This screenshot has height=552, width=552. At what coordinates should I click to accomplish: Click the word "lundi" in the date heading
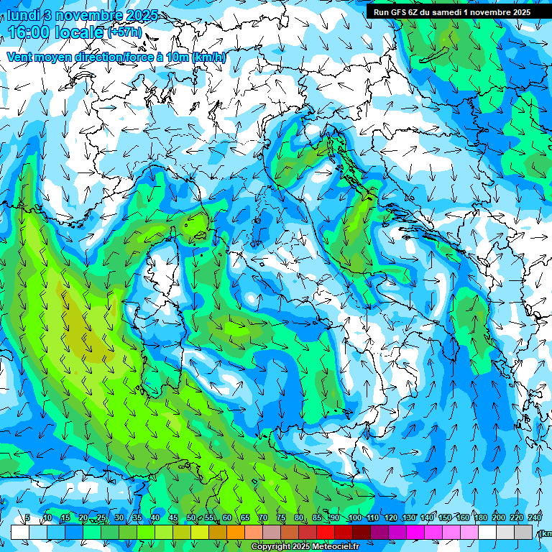(23, 15)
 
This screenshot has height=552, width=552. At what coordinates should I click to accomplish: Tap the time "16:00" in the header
(30, 32)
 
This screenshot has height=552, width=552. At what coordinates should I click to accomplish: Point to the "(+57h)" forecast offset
(124, 32)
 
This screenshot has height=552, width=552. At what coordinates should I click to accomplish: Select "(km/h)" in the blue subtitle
(209, 57)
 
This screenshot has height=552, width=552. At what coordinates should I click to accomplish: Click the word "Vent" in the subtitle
(19, 57)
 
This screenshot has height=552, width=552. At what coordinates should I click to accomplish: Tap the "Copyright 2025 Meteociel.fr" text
(305, 547)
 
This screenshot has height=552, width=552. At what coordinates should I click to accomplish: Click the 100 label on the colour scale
(354, 518)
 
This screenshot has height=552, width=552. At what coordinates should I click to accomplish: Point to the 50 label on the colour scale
(190, 518)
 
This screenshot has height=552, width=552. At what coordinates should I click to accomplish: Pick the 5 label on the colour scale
(27, 518)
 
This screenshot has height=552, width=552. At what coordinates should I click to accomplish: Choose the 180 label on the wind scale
(480, 518)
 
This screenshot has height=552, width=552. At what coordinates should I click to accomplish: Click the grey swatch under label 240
(523, 532)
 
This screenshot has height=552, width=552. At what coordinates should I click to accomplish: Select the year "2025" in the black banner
(517, 11)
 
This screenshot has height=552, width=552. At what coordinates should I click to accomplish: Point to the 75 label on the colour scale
(281, 518)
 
